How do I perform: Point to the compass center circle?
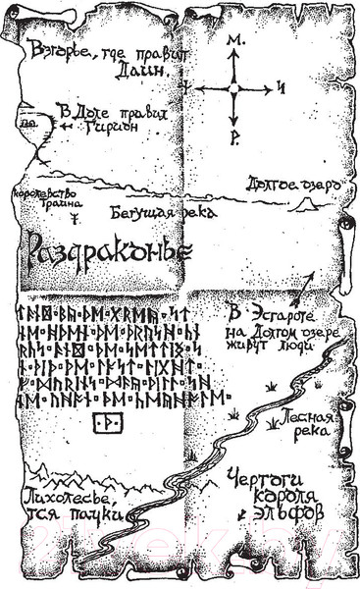point(233,89)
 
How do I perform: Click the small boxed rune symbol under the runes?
point(103,422)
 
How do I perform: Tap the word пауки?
point(100,511)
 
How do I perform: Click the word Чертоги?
point(263,478)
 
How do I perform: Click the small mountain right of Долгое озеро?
point(306,203)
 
